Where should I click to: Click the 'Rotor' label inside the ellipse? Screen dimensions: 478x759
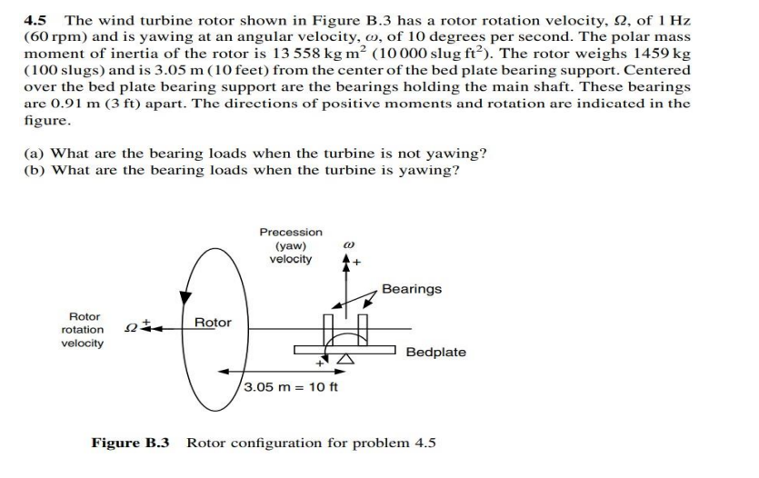pyautogui.click(x=213, y=322)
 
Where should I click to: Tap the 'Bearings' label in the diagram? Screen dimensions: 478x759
pyautogui.click(x=412, y=288)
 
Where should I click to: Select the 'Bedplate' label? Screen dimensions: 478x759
pyautogui.click(x=435, y=351)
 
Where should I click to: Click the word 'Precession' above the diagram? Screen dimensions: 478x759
pyautogui.click(x=290, y=232)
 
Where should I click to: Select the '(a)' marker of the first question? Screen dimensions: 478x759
pyautogui.click(x=35, y=154)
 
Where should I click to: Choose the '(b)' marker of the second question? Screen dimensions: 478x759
pyautogui.click(x=35, y=170)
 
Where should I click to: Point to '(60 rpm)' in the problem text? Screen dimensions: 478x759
pyautogui.click(x=50, y=36)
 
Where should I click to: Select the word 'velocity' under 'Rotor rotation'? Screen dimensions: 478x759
pyautogui.click(x=82, y=343)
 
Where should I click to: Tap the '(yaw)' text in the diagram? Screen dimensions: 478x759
pyautogui.click(x=290, y=245)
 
